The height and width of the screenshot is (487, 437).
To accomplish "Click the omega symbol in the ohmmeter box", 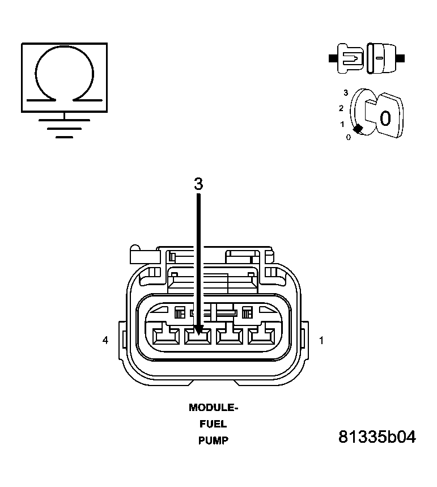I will click(64, 74).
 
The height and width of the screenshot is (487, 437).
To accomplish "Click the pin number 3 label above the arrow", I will click(198, 184).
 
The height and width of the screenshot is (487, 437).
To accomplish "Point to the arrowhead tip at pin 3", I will click(198, 331).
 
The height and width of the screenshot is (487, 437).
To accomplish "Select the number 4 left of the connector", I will click(105, 340).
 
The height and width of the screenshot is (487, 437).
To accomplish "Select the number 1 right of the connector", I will click(321, 340).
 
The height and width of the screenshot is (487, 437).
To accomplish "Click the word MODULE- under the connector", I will click(213, 407).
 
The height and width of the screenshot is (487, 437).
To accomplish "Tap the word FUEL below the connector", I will click(213, 424).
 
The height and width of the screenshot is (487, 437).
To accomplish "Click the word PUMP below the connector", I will click(213, 440).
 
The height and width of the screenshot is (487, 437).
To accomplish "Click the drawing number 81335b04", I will click(377, 437).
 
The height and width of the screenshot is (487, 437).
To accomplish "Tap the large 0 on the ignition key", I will click(385, 118).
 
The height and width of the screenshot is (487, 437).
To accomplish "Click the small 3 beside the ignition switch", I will click(345, 92).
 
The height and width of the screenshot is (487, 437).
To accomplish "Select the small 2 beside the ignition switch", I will click(341, 108).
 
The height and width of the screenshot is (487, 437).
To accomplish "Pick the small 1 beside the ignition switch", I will click(342, 124).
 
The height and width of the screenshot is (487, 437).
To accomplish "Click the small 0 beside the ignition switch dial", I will click(348, 137).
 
